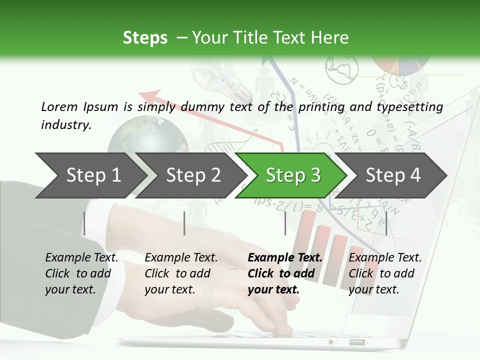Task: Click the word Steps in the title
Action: click(x=145, y=38)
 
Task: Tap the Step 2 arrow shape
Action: click(x=193, y=175)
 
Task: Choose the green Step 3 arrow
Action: click(x=293, y=175)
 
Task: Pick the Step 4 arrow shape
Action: click(x=393, y=175)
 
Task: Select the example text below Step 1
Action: click(x=81, y=273)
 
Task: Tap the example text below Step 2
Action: click(x=181, y=273)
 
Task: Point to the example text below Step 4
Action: click(x=385, y=273)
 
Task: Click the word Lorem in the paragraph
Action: click(x=59, y=106)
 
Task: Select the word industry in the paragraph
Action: click(x=65, y=125)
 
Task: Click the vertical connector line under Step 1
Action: click(x=84, y=223)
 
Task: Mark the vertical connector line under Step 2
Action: click(x=184, y=223)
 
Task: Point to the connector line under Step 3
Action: click(x=285, y=223)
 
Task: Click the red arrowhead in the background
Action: click(x=150, y=95)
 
